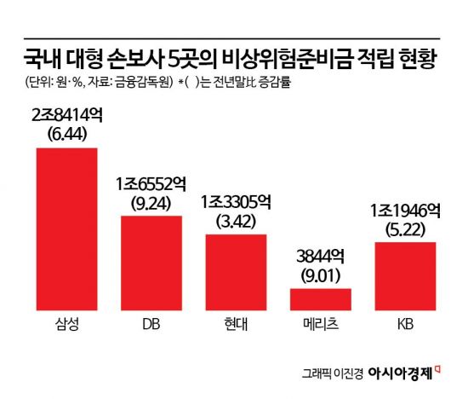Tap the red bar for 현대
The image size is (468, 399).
236,271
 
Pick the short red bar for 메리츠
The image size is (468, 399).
321,298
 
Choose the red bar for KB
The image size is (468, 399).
405,275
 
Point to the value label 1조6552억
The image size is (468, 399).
151,184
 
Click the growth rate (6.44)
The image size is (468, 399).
66,135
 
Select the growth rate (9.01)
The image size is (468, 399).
321,275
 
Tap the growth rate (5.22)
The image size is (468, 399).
405,228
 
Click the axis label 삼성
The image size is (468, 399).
66,327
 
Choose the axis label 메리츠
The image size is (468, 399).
321,327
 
